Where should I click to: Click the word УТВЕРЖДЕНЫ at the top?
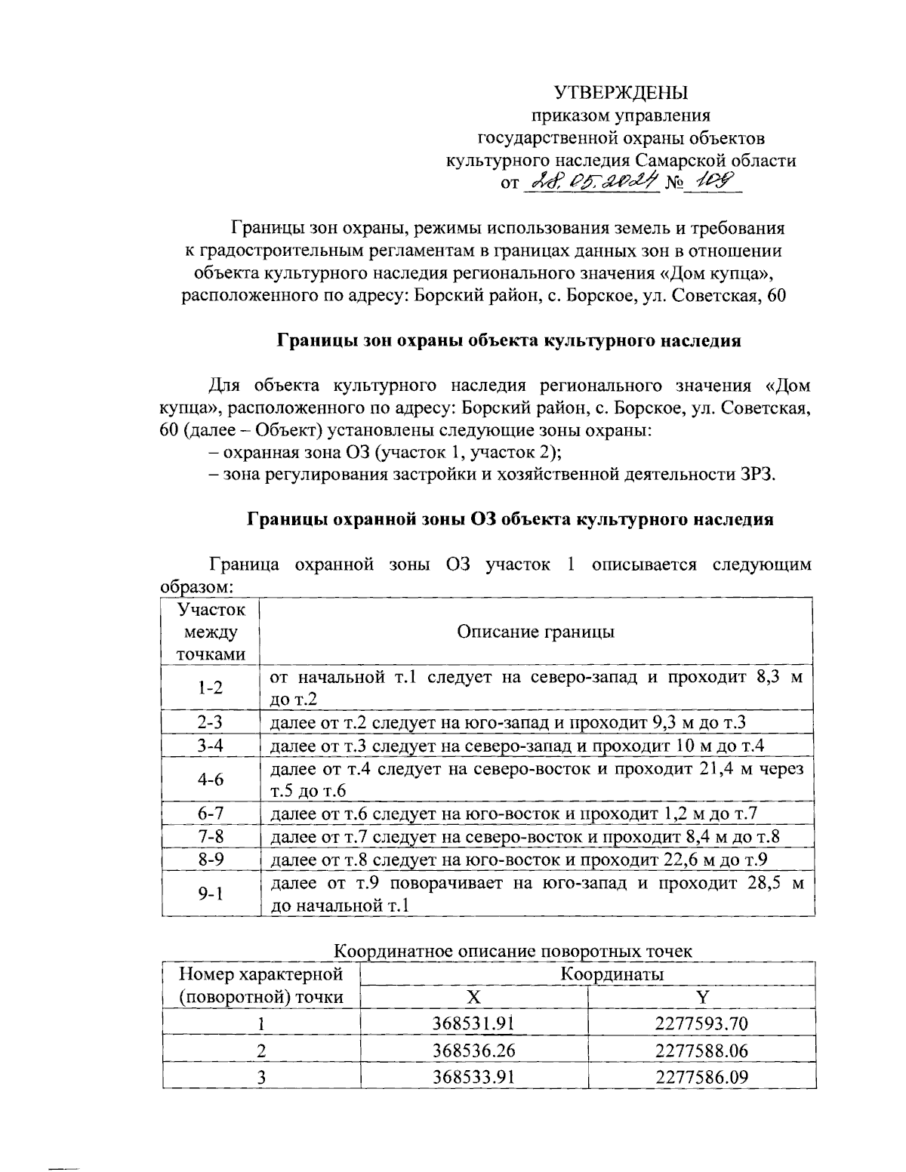(x=621, y=93)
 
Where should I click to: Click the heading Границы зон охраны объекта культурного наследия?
(x=510, y=340)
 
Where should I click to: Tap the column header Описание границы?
(x=535, y=632)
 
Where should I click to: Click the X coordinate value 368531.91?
(x=473, y=1023)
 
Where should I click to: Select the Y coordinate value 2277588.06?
(x=701, y=1050)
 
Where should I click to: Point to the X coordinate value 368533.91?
(x=473, y=1076)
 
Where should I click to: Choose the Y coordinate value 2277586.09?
(x=701, y=1076)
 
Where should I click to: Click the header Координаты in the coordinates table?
(x=612, y=974)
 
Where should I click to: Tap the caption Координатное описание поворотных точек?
(x=513, y=952)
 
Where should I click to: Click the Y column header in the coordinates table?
(x=702, y=997)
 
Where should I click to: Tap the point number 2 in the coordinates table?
(x=261, y=1050)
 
